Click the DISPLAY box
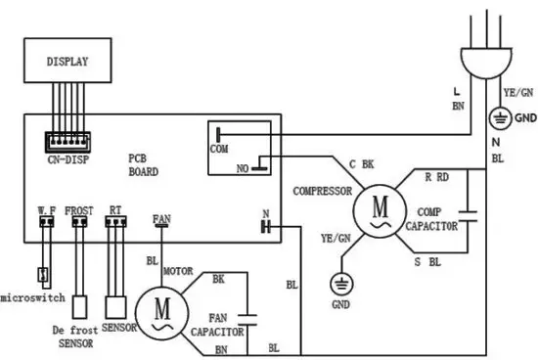click(x=67, y=61)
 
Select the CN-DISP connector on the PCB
click(x=67, y=140)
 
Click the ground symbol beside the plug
click(x=498, y=117)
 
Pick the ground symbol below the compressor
click(x=342, y=284)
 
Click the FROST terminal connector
click(x=78, y=220)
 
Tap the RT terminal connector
click(x=115, y=220)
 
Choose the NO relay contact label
click(x=240, y=169)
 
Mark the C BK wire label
click(x=361, y=163)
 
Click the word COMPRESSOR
click(x=322, y=192)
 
